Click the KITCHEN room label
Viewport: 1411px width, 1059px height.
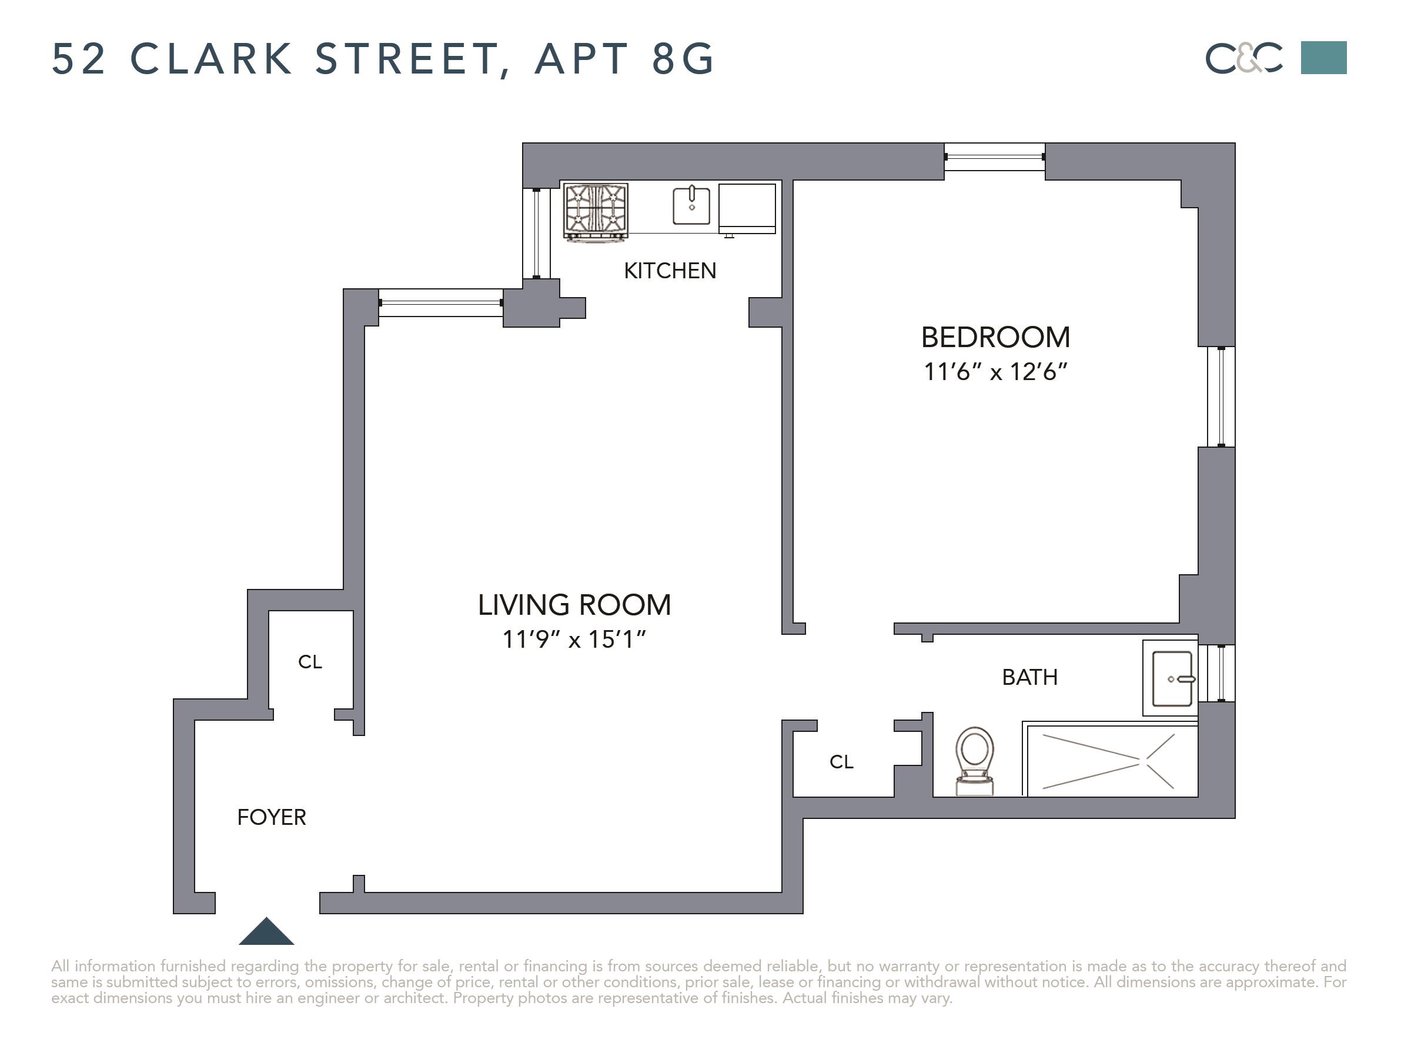(x=670, y=271)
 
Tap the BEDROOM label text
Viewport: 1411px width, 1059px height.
(x=995, y=337)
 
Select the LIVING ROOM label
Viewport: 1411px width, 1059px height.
(x=574, y=604)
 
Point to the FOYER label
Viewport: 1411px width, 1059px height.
(x=272, y=817)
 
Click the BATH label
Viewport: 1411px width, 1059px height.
(x=1029, y=677)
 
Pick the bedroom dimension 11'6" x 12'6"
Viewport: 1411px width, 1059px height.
(x=995, y=371)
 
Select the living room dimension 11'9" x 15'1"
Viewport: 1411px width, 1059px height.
(x=574, y=639)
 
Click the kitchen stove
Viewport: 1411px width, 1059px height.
(x=596, y=211)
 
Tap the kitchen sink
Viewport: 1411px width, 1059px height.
(x=691, y=204)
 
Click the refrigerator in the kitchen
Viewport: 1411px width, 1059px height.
(x=747, y=208)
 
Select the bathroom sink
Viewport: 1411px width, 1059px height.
(x=1172, y=678)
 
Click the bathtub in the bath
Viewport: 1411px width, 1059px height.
(x=1110, y=760)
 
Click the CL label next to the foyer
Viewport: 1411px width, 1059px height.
(x=310, y=662)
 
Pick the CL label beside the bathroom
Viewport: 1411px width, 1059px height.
(x=841, y=761)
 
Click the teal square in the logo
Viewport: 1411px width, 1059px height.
(x=1323, y=58)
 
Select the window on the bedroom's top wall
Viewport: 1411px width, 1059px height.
(x=994, y=157)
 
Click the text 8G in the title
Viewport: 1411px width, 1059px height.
(x=683, y=59)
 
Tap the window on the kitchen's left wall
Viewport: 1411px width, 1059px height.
(x=536, y=234)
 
